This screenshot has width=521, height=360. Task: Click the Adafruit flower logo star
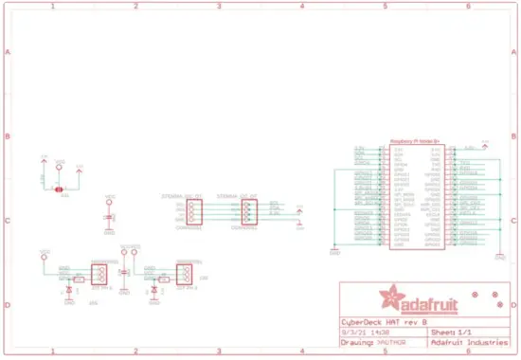point(388,298)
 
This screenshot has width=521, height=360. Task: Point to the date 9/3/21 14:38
point(361,333)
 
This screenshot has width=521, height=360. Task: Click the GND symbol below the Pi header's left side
point(334,250)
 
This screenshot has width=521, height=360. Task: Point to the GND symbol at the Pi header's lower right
point(499,254)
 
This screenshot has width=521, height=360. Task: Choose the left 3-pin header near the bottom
point(99,274)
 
